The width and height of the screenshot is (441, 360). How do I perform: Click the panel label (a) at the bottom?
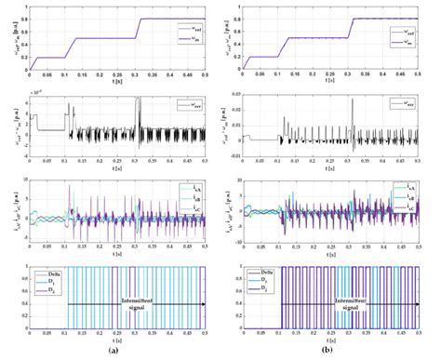tap(112, 351)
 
